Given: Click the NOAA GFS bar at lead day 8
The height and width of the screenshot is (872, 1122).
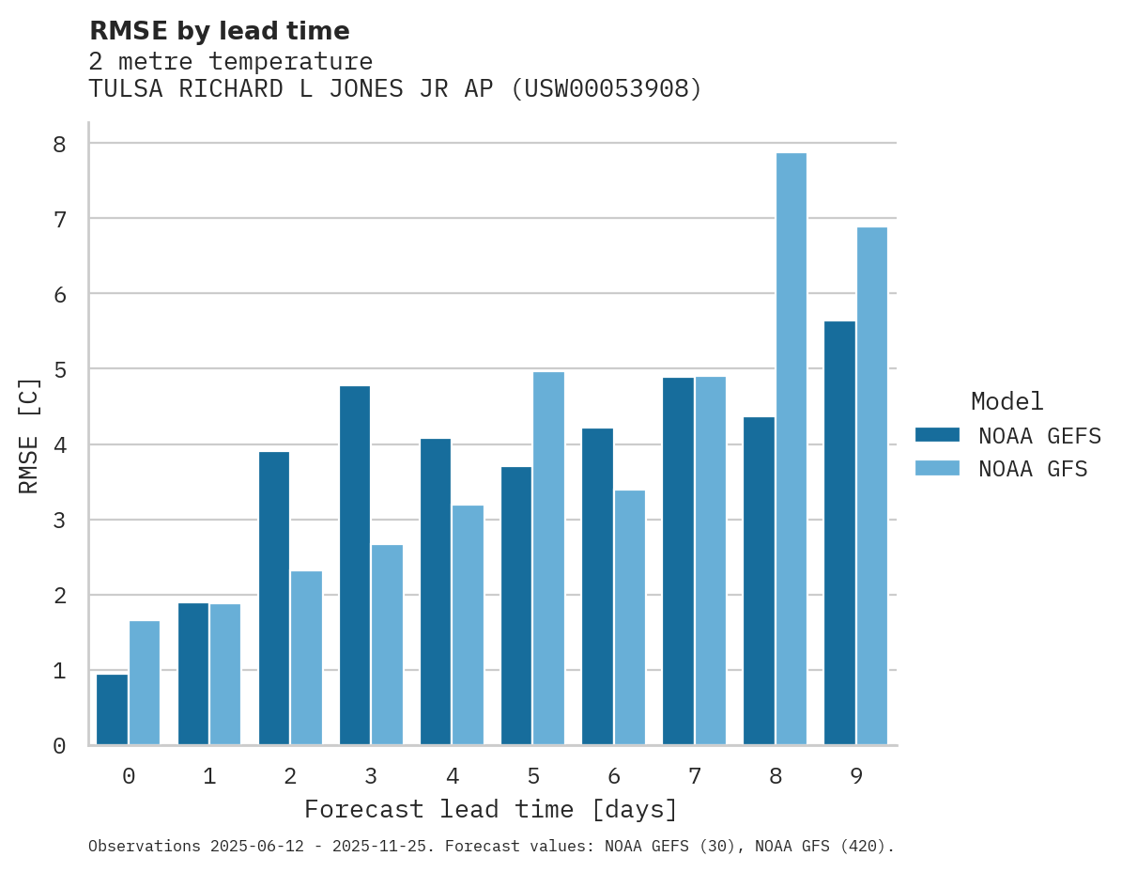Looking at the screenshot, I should pos(791,449).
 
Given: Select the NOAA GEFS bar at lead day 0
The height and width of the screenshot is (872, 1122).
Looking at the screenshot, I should pos(112,709).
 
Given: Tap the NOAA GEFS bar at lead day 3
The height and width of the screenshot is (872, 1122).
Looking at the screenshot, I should pos(355,566).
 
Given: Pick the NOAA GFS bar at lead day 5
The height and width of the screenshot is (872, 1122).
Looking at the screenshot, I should pos(548,558).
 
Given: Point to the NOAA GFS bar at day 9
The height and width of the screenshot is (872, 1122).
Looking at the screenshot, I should pos(871,486).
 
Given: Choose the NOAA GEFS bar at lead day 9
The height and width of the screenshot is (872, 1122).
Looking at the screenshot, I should pos(839,533).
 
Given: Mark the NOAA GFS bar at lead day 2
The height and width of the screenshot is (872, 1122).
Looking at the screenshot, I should pos(306,658).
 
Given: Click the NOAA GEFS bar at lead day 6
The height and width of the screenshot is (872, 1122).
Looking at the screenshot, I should pos(597,586).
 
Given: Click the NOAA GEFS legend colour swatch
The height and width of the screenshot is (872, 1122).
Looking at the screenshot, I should pos(937,434).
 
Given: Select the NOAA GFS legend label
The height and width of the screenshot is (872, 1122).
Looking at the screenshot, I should pos(1032,469).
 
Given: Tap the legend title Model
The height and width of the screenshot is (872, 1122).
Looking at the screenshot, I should pos(1007,401).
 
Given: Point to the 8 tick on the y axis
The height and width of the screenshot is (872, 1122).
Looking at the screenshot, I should pos(59,144).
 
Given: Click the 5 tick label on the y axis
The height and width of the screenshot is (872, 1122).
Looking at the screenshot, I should pos(59,369).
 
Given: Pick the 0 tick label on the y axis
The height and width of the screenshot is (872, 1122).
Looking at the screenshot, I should pos(59,746).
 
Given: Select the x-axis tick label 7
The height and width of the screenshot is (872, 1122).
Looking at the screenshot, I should pos(694,776).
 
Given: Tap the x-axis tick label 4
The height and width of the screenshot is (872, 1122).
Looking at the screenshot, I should pos(452,776).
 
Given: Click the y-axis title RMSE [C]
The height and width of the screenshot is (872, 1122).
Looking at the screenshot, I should pos(29,435).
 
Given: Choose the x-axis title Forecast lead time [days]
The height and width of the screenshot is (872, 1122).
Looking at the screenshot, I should pos(490,809).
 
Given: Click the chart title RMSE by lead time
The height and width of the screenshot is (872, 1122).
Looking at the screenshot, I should pos(219,31).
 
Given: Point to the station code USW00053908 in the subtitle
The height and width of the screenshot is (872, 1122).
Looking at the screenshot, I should pos(606,89).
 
